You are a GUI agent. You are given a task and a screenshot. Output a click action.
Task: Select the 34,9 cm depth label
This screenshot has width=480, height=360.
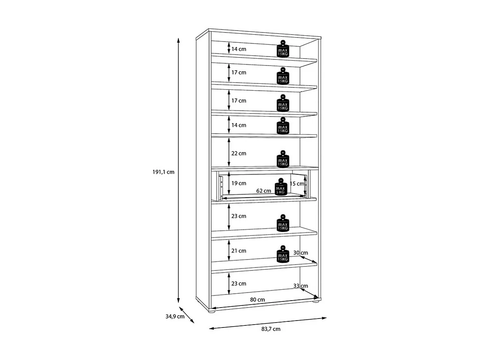click(176, 316)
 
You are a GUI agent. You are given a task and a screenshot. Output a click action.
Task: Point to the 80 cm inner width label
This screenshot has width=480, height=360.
click(258, 300)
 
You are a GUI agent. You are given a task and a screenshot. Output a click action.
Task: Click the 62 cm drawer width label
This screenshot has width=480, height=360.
click(264, 190)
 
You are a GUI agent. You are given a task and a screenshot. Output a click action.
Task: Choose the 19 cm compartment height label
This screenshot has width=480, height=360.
click(239, 183)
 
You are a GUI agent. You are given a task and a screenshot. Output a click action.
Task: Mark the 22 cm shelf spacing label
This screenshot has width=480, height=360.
click(239, 153)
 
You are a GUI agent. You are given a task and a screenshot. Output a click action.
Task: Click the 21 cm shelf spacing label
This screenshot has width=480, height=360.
click(239, 251)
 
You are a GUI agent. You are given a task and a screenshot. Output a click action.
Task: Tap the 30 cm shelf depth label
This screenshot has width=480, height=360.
click(300, 253)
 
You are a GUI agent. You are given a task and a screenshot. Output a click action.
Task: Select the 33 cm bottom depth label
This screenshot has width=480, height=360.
click(300, 286)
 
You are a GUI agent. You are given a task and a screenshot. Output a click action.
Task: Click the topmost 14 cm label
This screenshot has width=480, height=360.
click(239, 49)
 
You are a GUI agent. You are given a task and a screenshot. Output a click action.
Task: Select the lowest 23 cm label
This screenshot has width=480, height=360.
click(239, 284)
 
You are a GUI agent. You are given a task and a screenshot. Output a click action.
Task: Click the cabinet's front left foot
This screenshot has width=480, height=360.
click(211, 312)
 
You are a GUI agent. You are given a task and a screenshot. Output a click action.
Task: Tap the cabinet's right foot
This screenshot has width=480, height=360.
click(315, 302)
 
